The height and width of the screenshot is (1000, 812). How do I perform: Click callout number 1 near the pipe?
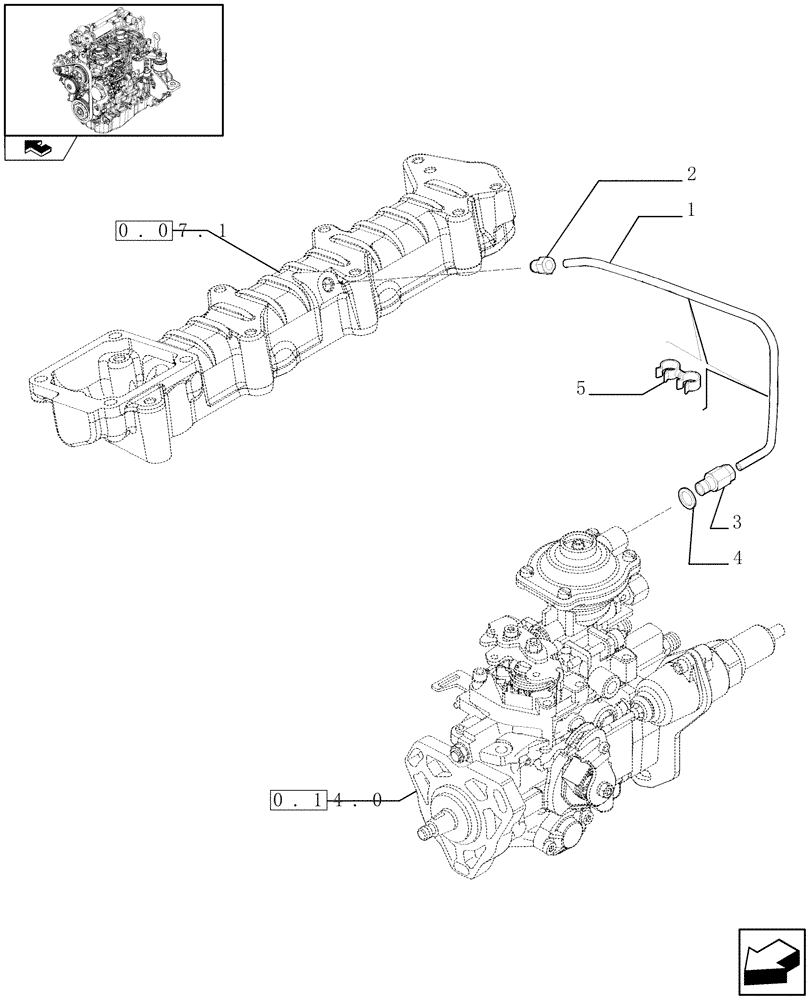point(691,212)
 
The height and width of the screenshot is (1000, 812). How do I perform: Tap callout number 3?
point(736,521)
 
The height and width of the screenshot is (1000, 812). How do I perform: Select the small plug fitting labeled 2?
point(544,265)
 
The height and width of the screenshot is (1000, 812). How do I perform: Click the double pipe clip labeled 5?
point(676,376)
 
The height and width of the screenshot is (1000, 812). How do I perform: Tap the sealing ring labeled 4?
point(685,497)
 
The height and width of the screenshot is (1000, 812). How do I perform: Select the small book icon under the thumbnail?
point(37,150)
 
